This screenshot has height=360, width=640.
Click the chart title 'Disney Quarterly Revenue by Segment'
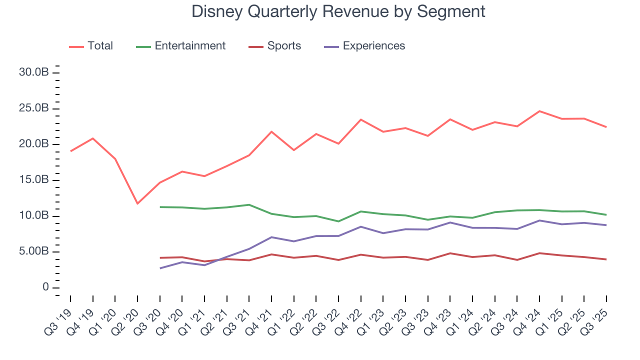pos(338,11)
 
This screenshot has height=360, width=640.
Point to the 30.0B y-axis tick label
pos(33,72)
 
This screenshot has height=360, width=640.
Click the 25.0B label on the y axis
pos(33,108)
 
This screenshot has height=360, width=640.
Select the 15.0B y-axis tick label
pos(33,180)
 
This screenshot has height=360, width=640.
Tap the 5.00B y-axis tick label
pos(33,251)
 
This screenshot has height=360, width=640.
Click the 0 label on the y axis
pos(46,287)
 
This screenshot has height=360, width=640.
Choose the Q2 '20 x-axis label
pos(127,315)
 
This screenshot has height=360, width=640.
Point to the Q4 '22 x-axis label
pos(351,315)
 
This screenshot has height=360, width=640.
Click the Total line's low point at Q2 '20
pos(137,203)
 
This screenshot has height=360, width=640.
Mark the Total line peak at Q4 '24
pos(539,111)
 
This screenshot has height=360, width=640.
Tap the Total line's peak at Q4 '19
pos(92,138)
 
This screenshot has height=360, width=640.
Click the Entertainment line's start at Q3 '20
pos(160,207)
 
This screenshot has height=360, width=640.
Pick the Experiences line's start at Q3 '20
pos(160,268)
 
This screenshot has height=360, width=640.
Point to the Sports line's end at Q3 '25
pos(606,259)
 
